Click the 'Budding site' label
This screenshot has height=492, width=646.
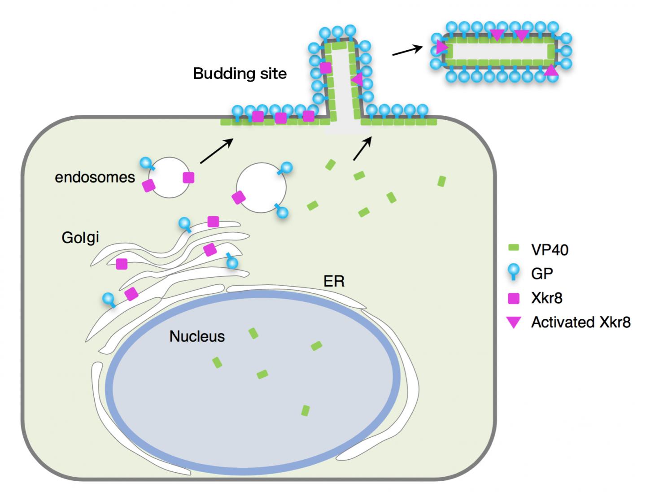(240, 74)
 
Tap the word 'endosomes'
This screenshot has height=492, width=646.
(95, 177)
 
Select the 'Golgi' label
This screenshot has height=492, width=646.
(80, 237)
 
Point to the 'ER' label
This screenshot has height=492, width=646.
(334, 281)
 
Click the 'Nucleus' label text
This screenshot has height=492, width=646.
(197, 336)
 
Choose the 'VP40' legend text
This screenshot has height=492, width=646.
(550, 249)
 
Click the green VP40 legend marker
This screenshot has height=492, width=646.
(514, 248)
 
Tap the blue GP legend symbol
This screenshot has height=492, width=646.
(514, 272)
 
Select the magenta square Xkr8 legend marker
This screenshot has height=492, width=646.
(514, 298)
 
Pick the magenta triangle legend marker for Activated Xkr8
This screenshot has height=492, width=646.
(514, 322)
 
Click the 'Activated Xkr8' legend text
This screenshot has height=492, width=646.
(581, 322)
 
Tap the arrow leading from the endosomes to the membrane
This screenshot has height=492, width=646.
(217, 151)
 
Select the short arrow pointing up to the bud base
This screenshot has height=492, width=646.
(363, 148)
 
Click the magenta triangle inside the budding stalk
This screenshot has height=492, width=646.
(358, 80)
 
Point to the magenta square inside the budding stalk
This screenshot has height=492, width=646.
(325, 68)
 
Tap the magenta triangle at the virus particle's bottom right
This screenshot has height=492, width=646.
(551, 70)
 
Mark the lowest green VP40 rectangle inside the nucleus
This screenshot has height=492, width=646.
(305, 410)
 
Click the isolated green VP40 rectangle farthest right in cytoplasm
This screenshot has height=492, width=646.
(441, 181)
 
